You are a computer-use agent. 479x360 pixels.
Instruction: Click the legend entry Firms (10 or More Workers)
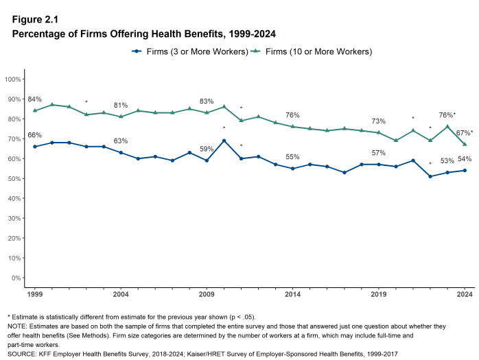point(316,51)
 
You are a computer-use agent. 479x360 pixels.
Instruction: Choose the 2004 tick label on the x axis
point(121,294)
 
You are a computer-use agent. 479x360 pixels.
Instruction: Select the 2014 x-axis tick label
point(292,294)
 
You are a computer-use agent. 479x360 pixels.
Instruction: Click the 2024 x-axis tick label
point(465,294)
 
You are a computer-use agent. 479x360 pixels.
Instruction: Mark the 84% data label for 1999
point(34,99)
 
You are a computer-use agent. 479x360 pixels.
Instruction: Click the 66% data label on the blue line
point(34,135)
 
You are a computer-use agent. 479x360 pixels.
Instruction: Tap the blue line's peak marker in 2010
point(224,141)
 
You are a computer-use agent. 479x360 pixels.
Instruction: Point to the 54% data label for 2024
point(465,159)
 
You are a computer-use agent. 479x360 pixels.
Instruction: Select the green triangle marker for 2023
point(447,126)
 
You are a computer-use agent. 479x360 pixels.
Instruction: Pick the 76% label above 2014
point(292,115)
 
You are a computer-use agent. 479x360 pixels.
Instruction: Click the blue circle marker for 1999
point(34,147)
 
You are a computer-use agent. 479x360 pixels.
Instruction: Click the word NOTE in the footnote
point(17,326)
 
